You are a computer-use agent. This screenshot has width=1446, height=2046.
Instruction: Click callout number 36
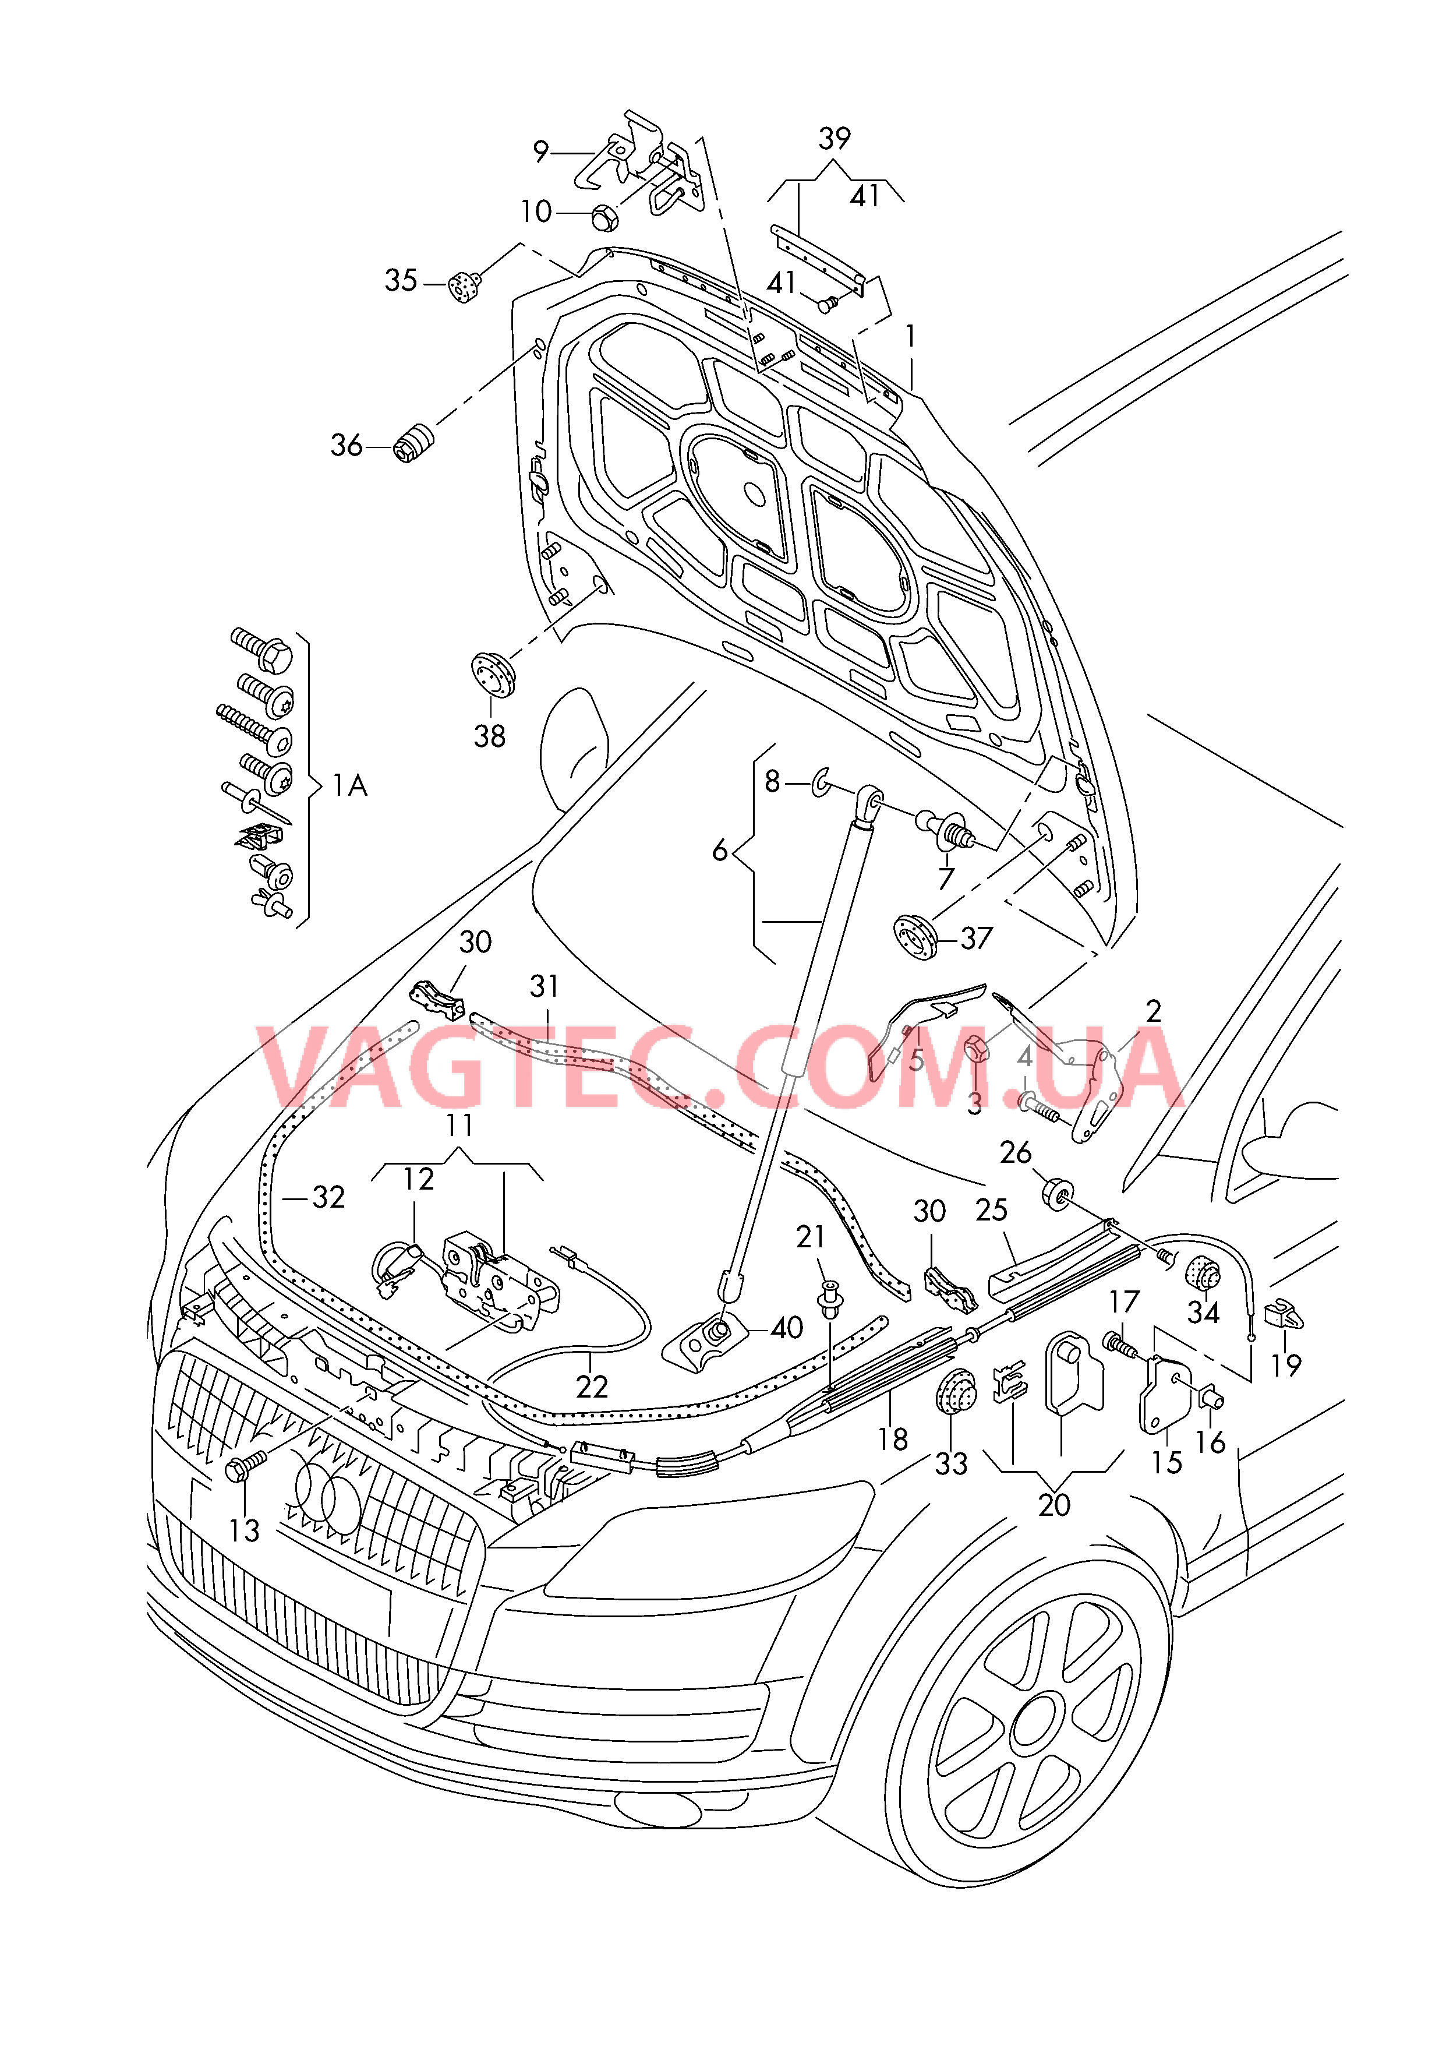tap(347, 446)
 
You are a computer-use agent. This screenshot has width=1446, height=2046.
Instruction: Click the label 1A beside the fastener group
tap(350, 785)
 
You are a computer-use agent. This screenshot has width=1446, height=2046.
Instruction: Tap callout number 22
tap(592, 1388)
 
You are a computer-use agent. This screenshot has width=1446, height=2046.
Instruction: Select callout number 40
tap(787, 1328)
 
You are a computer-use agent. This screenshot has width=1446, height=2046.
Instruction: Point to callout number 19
tap(1286, 1365)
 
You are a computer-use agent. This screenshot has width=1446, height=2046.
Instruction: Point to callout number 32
tap(328, 1197)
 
